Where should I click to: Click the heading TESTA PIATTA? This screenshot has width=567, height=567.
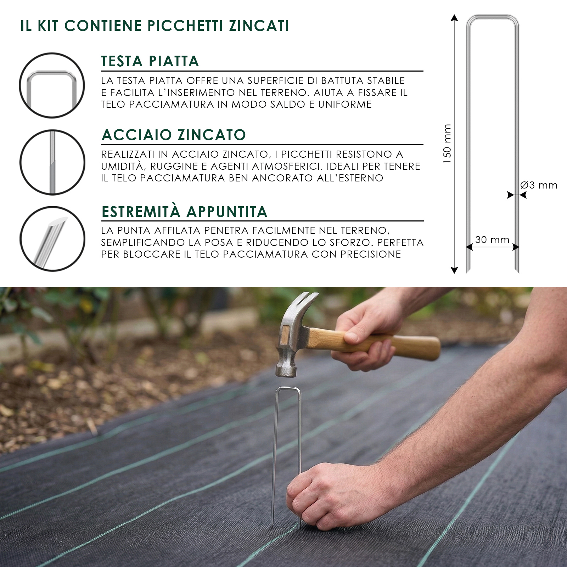(x=150, y=61)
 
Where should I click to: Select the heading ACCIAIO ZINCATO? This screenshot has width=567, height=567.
(x=174, y=135)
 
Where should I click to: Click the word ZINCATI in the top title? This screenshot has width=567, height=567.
(x=259, y=26)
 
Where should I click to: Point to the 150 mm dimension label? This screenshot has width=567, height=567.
(x=447, y=144)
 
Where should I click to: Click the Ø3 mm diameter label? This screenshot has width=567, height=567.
(x=539, y=185)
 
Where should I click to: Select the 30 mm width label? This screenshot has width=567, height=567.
(x=492, y=240)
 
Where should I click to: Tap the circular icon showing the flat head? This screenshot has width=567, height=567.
(x=52, y=85)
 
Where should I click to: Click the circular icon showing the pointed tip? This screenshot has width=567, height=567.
(x=52, y=239)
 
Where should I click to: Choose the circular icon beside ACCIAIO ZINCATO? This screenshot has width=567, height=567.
(x=52, y=162)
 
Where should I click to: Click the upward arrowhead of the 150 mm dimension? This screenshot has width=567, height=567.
(x=454, y=18)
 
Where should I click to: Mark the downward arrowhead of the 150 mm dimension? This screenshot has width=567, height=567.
(x=454, y=270)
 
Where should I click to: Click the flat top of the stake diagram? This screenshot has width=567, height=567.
(x=493, y=17)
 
